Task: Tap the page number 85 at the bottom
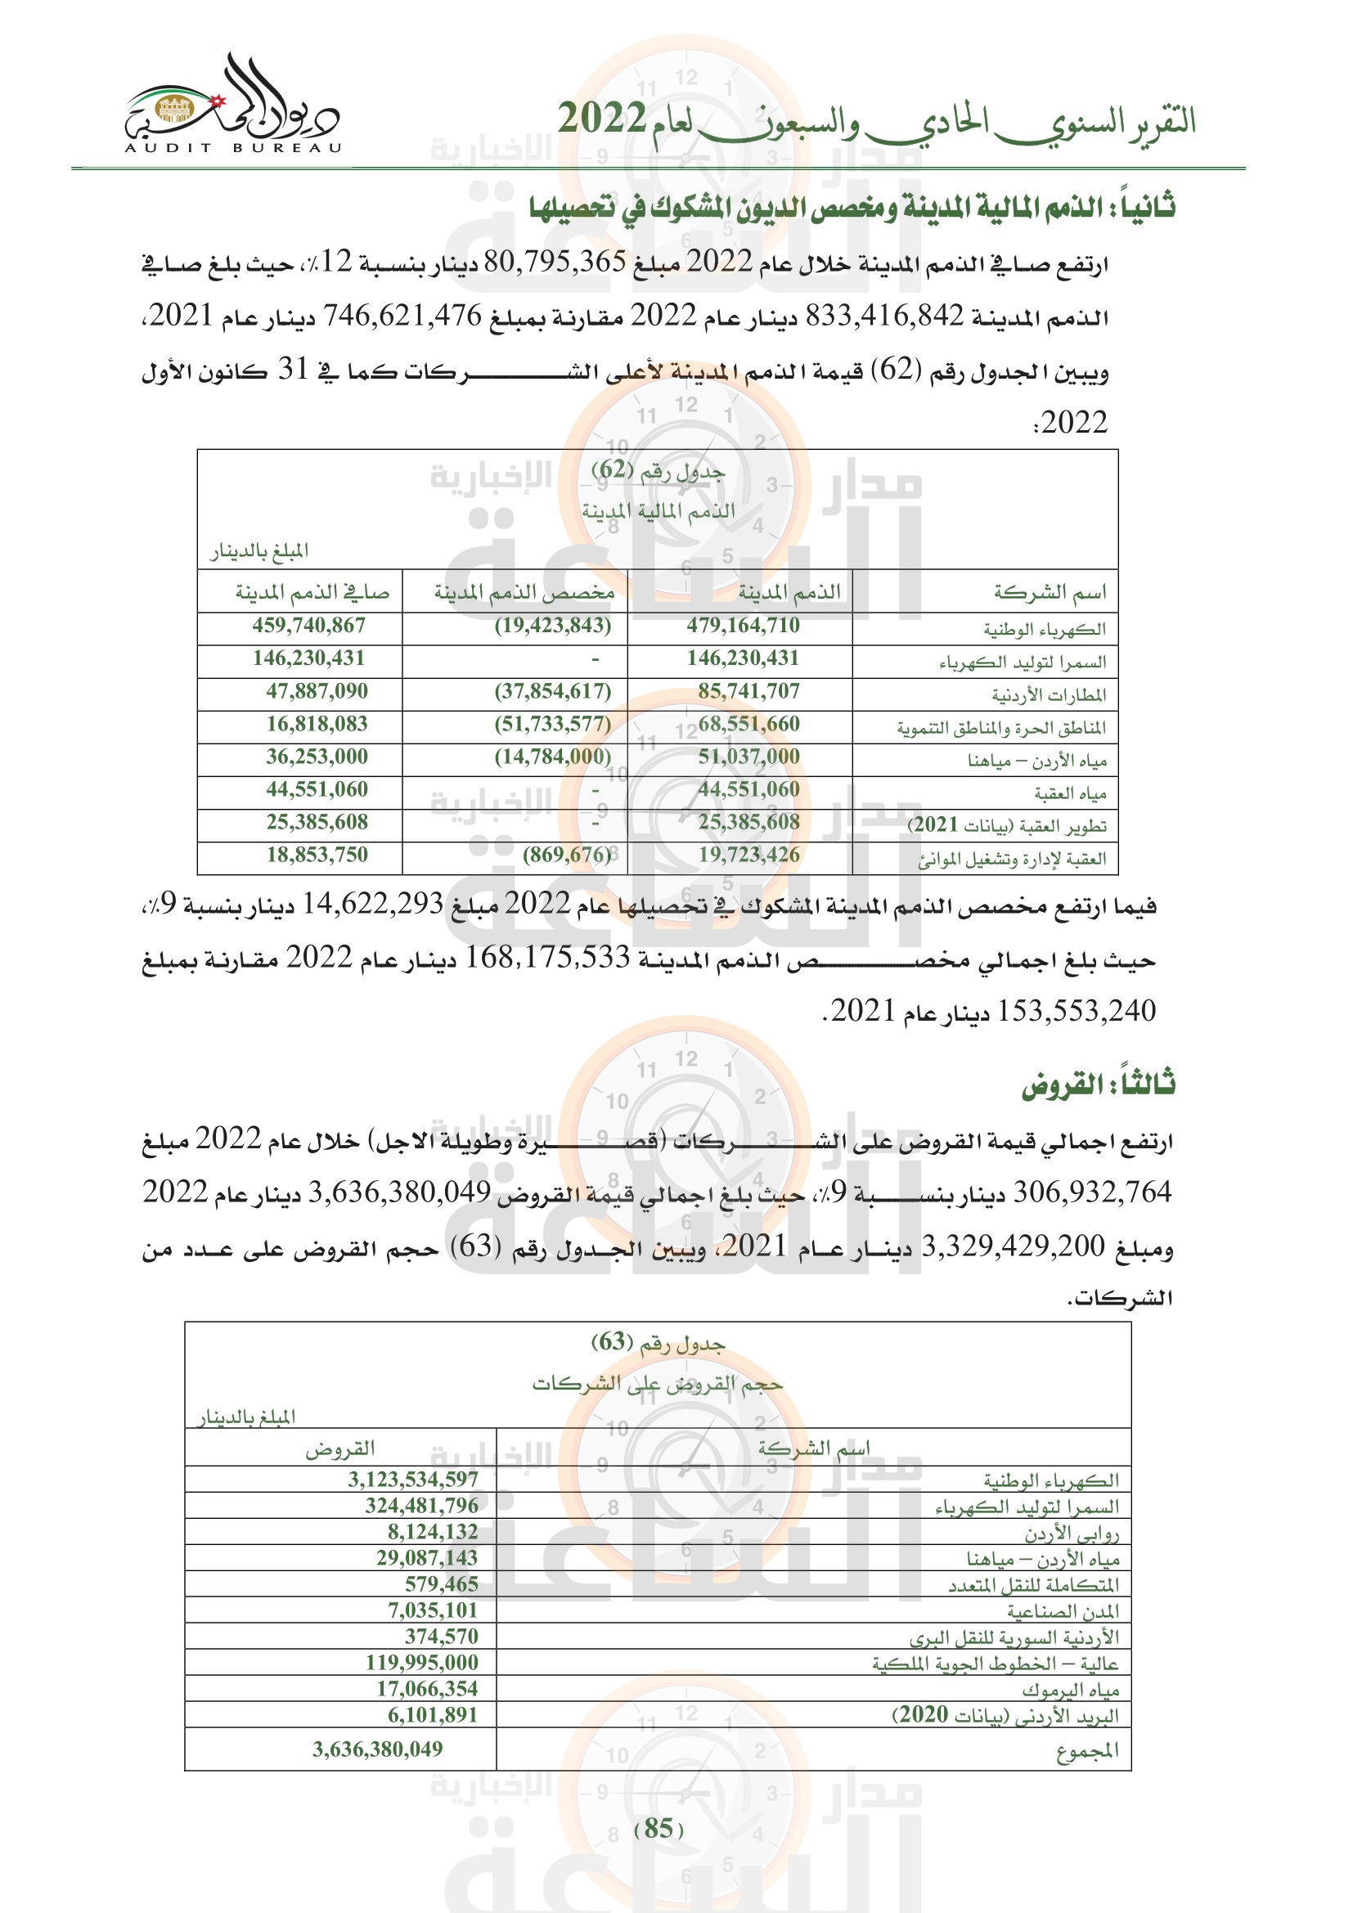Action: click(659, 1828)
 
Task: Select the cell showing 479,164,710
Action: click(742, 626)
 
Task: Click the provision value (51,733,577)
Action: click(552, 724)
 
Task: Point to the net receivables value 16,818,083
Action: click(317, 724)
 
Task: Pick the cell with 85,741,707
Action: click(748, 692)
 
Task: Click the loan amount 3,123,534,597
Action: click(412, 1479)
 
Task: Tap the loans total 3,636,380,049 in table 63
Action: click(377, 1749)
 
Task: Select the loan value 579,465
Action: click(441, 1584)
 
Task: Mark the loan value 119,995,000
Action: click(421, 1662)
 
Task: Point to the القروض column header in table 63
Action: click(339, 1450)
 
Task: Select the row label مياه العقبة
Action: click(1070, 793)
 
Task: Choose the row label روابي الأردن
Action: click(1072, 1533)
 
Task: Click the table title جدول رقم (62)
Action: click(658, 472)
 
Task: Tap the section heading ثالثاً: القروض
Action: click(1097, 1084)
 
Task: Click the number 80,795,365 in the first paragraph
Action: click(554, 263)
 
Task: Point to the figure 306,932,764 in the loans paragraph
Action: click(1091, 1192)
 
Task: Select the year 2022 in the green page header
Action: click(600, 119)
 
